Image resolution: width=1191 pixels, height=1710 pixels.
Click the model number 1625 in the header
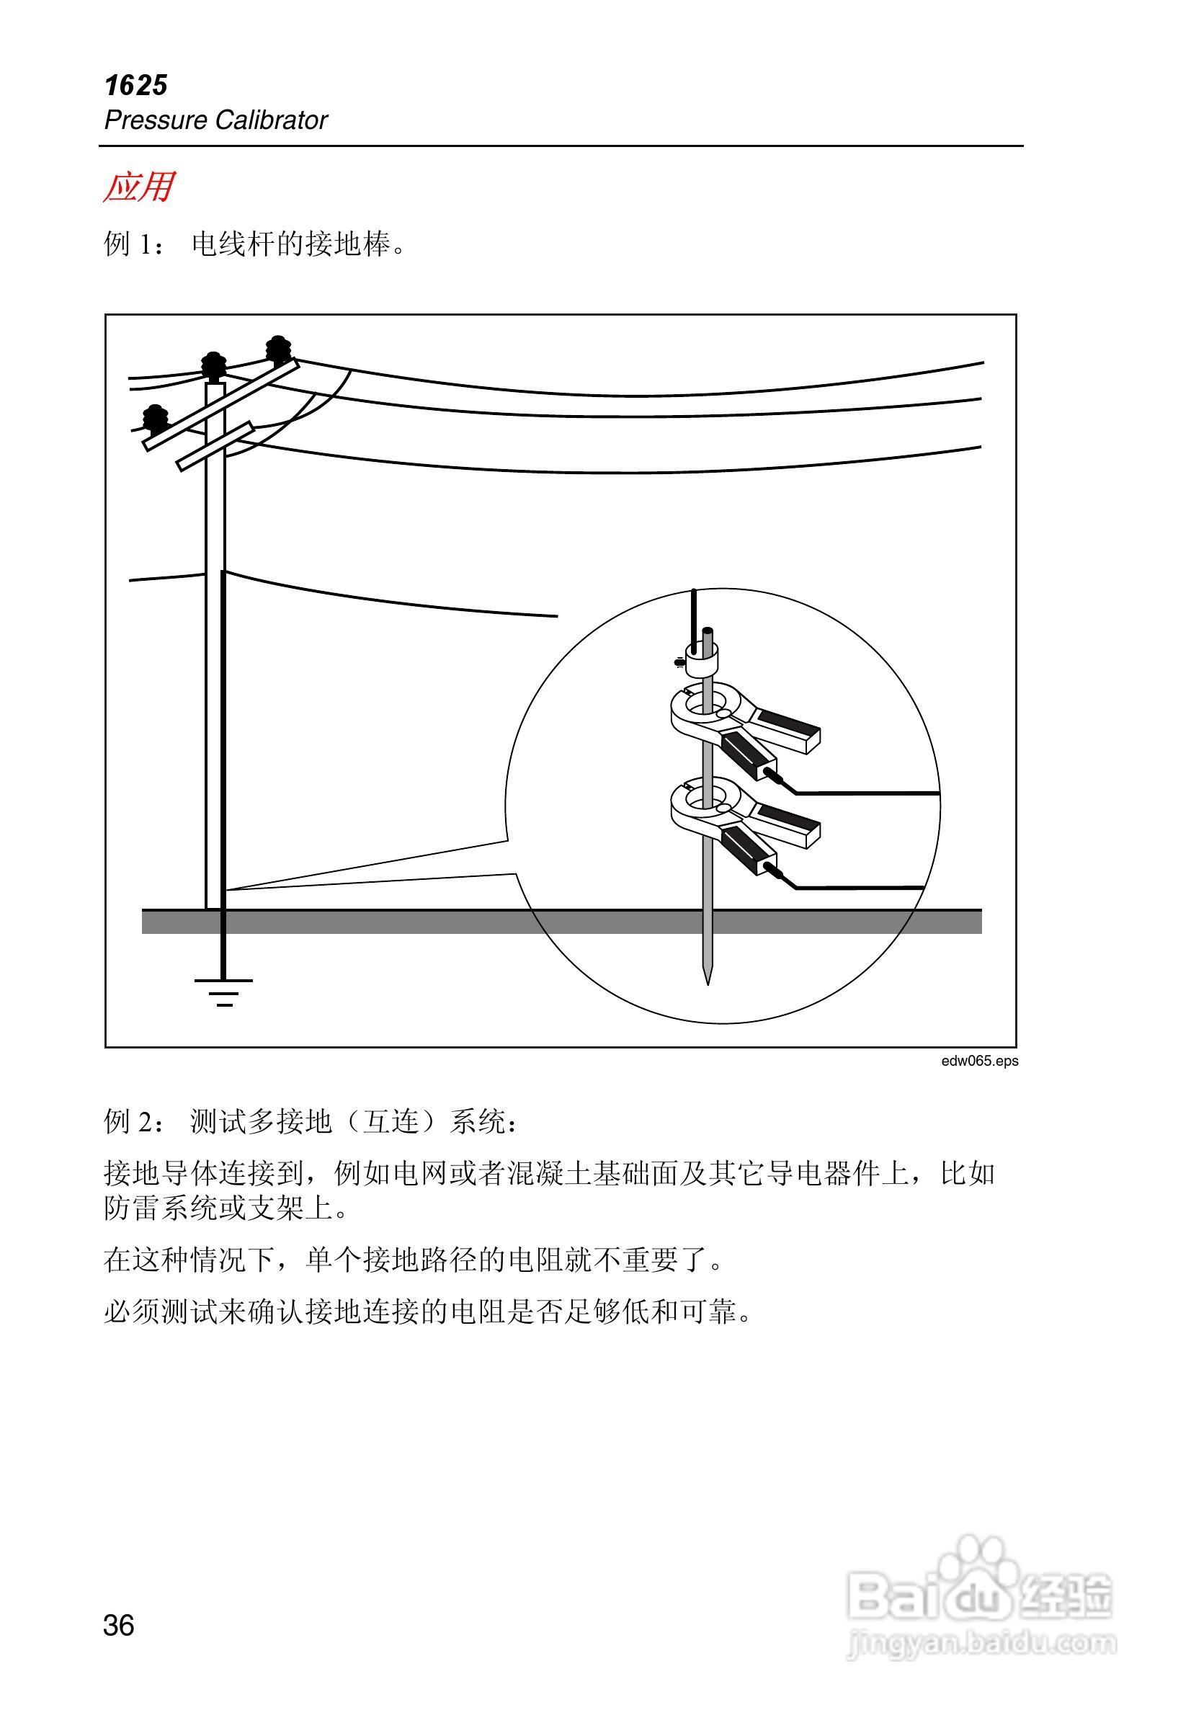click(x=136, y=86)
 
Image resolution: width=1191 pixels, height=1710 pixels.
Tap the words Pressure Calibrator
click(x=215, y=120)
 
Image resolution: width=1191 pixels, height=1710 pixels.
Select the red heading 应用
click(x=138, y=187)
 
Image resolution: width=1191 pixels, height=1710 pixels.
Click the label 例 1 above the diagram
click(x=134, y=244)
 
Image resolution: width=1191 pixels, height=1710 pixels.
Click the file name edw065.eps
click(x=978, y=1061)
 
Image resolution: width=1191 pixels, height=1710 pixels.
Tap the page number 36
click(x=118, y=1625)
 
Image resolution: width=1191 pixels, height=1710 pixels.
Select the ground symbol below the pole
click(x=223, y=992)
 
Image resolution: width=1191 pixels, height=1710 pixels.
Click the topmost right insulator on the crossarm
click(x=279, y=349)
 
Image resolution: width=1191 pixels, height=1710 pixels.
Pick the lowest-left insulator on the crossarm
click(x=156, y=419)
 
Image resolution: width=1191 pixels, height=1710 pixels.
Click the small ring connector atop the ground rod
click(x=702, y=659)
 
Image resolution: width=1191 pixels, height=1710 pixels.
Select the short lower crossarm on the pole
click(x=215, y=446)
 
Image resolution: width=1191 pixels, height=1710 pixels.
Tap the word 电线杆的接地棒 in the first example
click(x=290, y=244)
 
